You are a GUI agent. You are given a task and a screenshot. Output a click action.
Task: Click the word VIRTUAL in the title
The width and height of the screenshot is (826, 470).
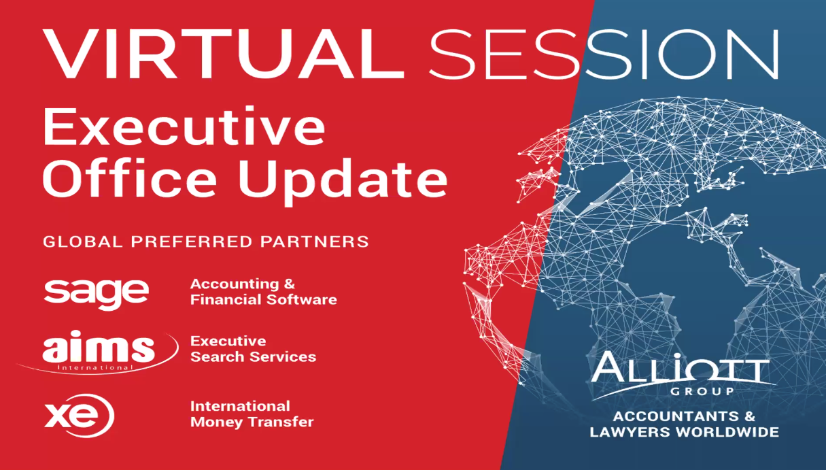pyautogui.click(x=224, y=54)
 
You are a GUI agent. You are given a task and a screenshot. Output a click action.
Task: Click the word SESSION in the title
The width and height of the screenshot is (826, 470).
pyautogui.click(x=604, y=54)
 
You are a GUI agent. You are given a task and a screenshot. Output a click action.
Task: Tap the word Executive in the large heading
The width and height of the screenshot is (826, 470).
pyautogui.click(x=184, y=127)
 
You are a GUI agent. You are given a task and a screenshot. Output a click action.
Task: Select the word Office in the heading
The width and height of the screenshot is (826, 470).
pyautogui.click(x=129, y=178)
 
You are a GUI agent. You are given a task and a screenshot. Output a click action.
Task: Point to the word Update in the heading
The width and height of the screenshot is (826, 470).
pyautogui.click(x=343, y=182)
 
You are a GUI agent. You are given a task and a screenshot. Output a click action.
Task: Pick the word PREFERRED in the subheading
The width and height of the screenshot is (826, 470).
pyautogui.click(x=192, y=241)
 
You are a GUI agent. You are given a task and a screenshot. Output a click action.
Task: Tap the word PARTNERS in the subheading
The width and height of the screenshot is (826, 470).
pyautogui.click(x=315, y=241)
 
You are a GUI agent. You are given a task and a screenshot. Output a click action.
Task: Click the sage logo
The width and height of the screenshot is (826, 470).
pyautogui.click(x=97, y=294)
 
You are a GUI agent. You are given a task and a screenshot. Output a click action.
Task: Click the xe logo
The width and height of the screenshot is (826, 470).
pyautogui.click(x=79, y=416)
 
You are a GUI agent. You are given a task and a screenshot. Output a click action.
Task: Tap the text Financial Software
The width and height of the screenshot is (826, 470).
pyautogui.click(x=263, y=299)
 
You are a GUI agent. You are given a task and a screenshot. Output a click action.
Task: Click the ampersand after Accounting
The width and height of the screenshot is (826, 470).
pyautogui.click(x=290, y=284)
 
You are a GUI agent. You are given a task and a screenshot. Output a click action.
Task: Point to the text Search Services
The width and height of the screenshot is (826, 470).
pyautogui.click(x=253, y=356)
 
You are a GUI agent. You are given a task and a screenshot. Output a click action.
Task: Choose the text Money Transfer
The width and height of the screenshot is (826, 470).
pyautogui.click(x=252, y=422)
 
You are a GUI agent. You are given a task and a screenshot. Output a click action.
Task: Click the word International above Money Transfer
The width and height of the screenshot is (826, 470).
pyautogui.click(x=240, y=406)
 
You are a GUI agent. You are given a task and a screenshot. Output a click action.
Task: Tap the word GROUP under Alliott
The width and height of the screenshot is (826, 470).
pyautogui.click(x=702, y=391)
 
